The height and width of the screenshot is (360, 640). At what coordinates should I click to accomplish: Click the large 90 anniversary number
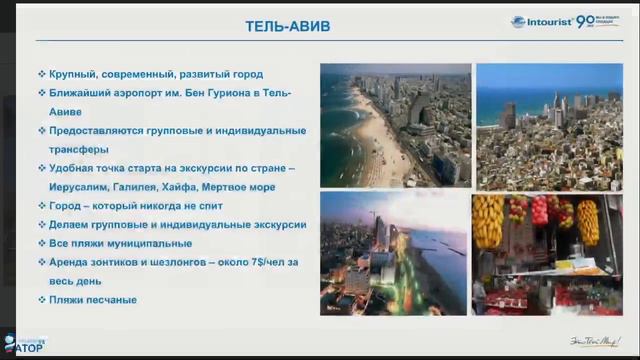(612, 21)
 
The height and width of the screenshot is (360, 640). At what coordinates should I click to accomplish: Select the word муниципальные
(147, 243)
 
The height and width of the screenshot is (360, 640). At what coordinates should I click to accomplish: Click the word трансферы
(81, 149)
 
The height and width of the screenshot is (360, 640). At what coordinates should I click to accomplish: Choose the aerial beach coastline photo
(395, 125)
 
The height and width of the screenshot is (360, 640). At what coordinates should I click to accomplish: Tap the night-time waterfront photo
(395, 253)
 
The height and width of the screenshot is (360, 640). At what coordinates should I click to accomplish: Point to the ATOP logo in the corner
(24, 348)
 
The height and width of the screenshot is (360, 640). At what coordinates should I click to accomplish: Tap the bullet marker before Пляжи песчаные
(41, 299)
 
